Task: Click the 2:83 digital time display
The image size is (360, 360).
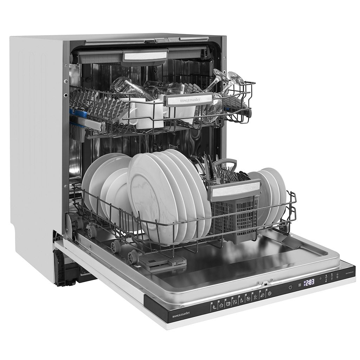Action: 309,282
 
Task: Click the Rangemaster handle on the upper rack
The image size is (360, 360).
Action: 189,100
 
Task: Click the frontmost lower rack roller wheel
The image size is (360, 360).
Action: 133,256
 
